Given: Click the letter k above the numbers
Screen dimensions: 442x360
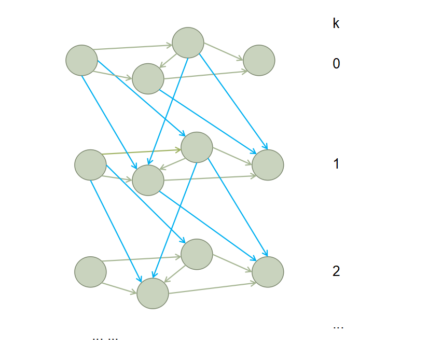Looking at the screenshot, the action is pyautogui.click(x=336, y=23).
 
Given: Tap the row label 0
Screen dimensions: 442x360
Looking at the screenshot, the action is pyautogui.click(x=336, y=64).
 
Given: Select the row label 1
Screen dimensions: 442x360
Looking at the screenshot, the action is pyautogui.click(x=336, y=164).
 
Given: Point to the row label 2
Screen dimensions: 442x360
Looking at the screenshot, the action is pyautogui.click(x=336, y=271).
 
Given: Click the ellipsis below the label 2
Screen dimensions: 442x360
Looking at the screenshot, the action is pyautogui.click(x=338, y=327).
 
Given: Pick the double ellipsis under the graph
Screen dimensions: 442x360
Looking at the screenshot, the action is pyautogui.click(x=105, y=338).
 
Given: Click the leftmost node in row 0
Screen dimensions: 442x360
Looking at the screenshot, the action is pyautogui.click(x=82, y=60).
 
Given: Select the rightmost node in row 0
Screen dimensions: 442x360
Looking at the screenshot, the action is pyautogui.click(x=259, y=60).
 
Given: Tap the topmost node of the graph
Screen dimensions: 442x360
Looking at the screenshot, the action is pyautogui.click(x=188, y=43).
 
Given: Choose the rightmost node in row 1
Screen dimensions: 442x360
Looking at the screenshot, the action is pyautogui.click(x=268, y=165).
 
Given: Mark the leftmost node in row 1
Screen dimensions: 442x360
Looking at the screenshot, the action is pyautogui.click(x=90, y=165).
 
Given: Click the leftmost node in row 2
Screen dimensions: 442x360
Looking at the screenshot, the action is pyautogui.click(x=90, y=272).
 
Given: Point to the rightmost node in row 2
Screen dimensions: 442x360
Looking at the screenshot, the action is pyautogui.click(x=268, y=272).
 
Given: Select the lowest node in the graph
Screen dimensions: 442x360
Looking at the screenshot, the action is pyautogui.click(x=153, y=294).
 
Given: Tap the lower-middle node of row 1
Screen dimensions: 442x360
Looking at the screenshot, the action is pyautogui.click(x=148, y=180).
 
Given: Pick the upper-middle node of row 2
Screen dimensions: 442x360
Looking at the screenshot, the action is pyautogui.click(x=197, y=254).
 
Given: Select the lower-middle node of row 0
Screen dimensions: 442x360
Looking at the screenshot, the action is pyautogui.click(x=148, y=79).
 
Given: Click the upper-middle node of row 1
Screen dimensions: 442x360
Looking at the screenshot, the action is pyautogui.click(x=197, y=147).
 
